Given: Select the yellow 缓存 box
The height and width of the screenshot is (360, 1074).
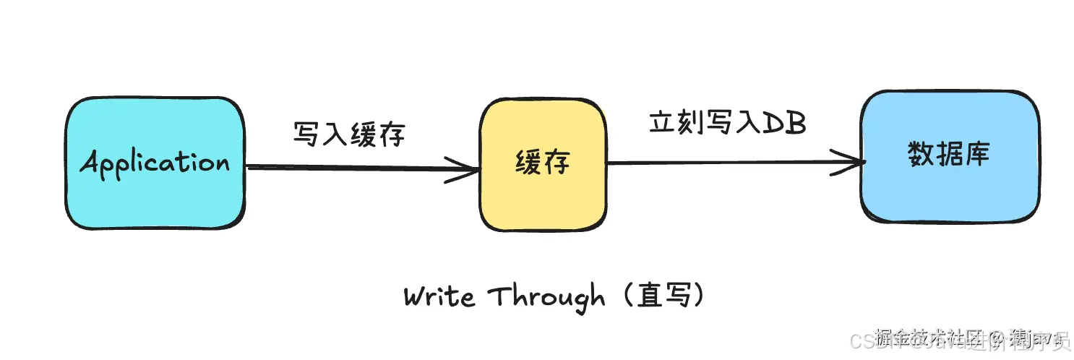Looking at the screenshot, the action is (543, 202).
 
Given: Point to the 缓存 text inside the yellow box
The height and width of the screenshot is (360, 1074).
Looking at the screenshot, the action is (543, 162).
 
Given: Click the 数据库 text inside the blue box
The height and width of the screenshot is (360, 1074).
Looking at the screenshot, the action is (949, 155).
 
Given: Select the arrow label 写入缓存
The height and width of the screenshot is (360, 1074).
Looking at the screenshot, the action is (350, 134).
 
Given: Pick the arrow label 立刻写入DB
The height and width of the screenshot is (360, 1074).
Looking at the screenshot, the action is (727, 123).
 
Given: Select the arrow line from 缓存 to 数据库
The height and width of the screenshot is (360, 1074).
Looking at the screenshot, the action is (723, 163).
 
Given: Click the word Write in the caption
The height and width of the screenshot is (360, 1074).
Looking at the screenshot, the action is (439, 297).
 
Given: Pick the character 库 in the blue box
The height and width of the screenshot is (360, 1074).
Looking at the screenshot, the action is (976, 155).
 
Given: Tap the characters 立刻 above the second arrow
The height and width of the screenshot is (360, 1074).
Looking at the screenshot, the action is (676, 123).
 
